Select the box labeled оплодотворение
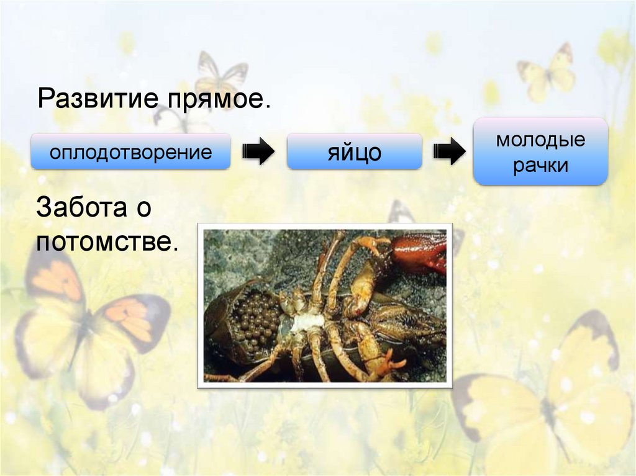130,151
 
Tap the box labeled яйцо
354,151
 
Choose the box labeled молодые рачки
540,151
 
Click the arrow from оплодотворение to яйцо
258,151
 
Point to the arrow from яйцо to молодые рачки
449,151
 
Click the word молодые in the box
540,139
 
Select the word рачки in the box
540,166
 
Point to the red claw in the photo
419,251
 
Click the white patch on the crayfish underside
308,322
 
